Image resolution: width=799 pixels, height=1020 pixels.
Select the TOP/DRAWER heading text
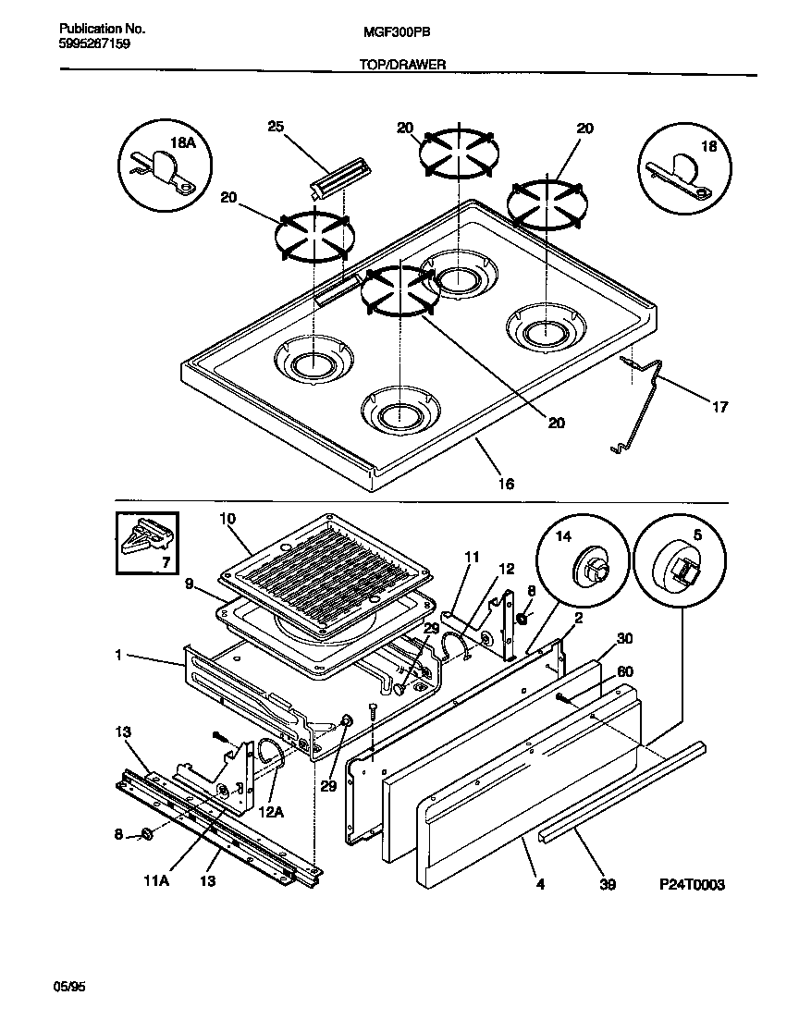399,65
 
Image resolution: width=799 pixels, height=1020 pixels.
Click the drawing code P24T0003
692,885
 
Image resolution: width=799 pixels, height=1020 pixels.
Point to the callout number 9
190,584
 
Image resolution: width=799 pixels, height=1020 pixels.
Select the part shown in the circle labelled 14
588,566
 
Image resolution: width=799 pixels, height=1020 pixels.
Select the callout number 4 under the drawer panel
540,884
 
